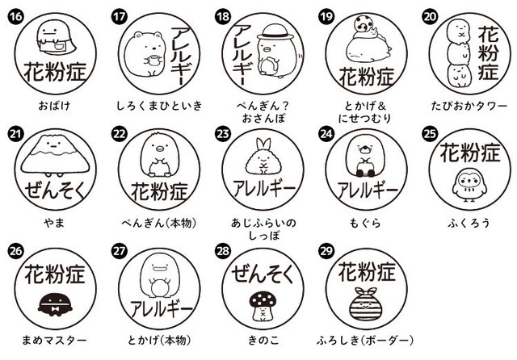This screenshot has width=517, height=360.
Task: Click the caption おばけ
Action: [x=54, y=105]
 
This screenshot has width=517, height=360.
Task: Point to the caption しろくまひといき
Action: [x=158, y=105]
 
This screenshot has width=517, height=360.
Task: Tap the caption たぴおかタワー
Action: [x=466, y=105]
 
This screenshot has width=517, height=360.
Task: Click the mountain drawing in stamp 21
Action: [x=55, y=154]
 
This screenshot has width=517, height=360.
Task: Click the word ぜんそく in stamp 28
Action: [x=261, y=274]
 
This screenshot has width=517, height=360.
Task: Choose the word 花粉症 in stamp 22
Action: [x=158, y=191]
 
